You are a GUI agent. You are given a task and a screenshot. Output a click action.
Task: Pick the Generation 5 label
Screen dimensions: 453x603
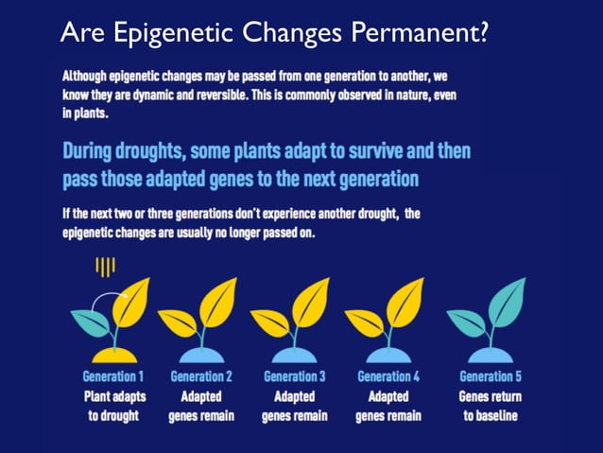pos(490,376)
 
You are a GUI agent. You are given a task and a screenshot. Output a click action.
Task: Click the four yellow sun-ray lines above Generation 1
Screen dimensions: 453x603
pos(105,268)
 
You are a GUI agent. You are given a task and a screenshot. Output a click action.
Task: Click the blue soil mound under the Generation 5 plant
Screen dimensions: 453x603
pos(489,354)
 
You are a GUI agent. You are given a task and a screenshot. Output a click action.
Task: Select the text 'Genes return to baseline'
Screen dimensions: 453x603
pos(490,406)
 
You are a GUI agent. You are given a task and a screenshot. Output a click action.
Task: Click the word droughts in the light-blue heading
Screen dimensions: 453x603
pos(143,152)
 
